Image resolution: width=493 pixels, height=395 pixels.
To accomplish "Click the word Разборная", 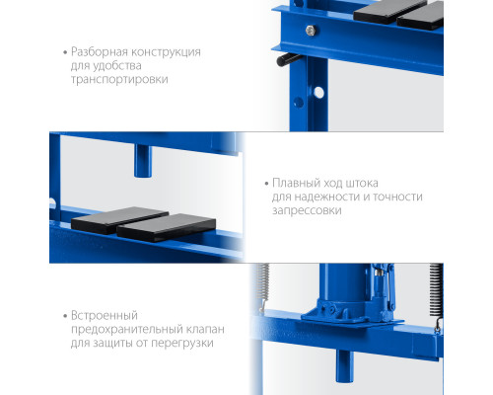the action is pyautogui.click(x=100, y=52).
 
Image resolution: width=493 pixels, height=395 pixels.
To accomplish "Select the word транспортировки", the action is pyautogui.click(x=119, y=80).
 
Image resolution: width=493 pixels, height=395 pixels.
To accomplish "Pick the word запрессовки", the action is pyautogui.click(x=307, y=210).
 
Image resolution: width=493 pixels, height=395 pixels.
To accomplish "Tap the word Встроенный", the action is pyautogui.click(x=105, y=316).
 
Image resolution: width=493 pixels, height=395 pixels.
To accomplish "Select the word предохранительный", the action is pyautogui.click(x=127, y=329).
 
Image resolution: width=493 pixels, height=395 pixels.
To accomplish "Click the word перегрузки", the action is pyautogui.click(x=182, y=344).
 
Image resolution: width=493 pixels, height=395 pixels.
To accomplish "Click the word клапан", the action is pyautogui.click(x=205, y=329).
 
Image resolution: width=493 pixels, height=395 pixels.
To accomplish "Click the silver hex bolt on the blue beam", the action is pyautogui.click(x=311, y=31).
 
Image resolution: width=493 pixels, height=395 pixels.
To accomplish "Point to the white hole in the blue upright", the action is pyautogui.click(x=318, y=93).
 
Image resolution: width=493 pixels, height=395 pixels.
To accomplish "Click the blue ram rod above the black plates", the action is pyautogui.click(x=143, y=161).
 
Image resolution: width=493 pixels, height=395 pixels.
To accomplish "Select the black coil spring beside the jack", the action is pyautogui.click(x=436, y=289).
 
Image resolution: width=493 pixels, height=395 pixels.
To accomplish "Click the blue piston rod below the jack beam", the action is pyautogui.click(x=344, y=366).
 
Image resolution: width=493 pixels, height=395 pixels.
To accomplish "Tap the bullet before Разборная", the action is pyautogui.click(x=65, y=52).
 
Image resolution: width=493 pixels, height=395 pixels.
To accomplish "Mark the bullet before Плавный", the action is pyautogui.click(x=267, y=184).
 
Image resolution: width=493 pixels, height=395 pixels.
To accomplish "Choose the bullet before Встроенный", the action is pyautogui.click(x=65, y=316).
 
